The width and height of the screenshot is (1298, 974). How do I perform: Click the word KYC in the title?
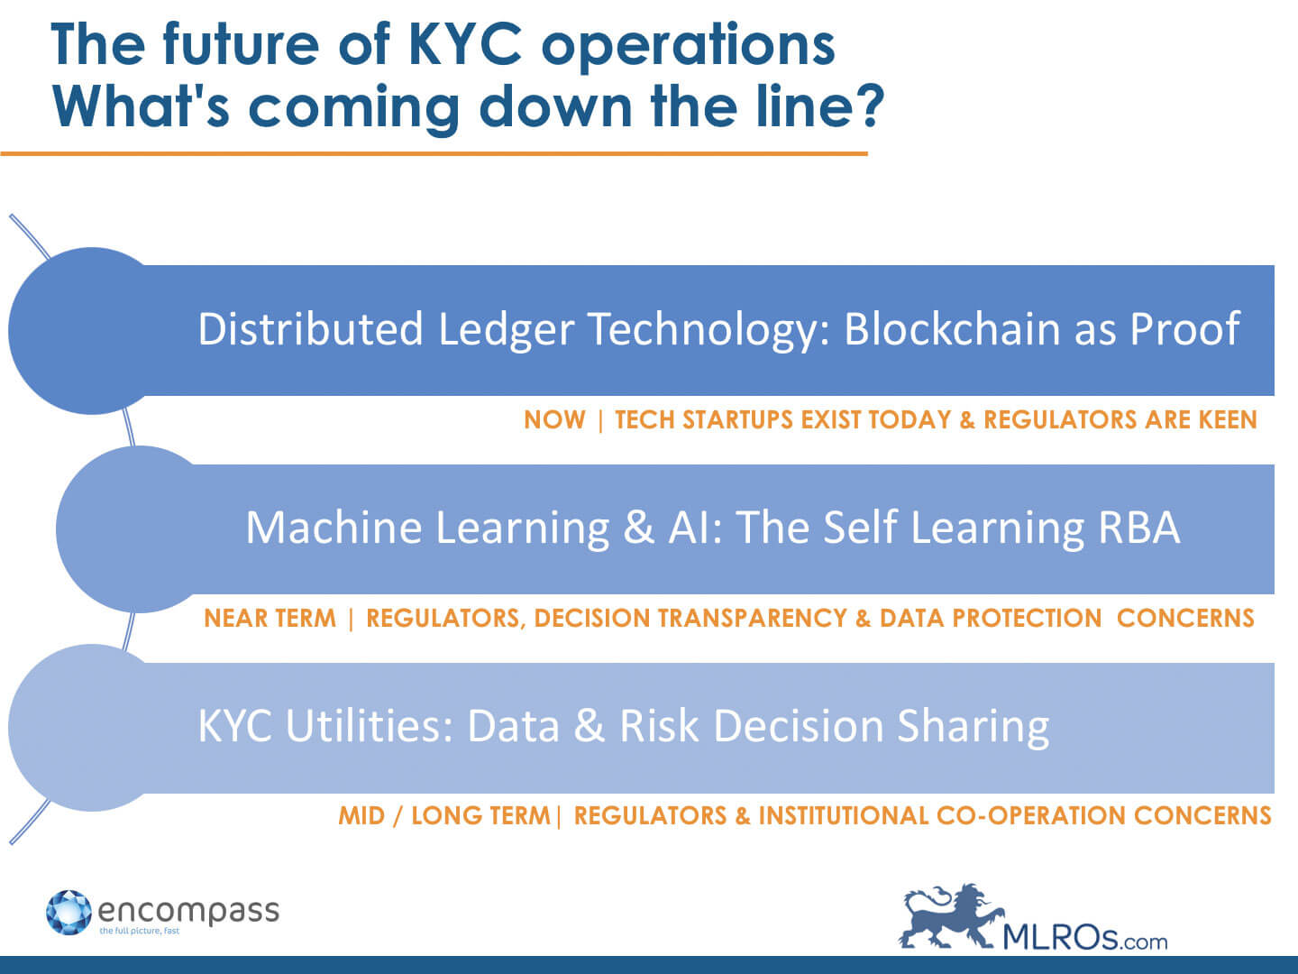tap(465, 44)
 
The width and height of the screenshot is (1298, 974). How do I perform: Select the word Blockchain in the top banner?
tap(952, 329)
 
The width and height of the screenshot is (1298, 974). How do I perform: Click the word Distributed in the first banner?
tap(310, 329)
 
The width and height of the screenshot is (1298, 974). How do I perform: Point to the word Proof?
tap(1184, 329)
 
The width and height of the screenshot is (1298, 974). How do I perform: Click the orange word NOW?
tap(554, 420)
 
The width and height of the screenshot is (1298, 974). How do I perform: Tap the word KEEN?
tap(1228, 420)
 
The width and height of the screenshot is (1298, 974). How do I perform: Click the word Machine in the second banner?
tap(334, 528)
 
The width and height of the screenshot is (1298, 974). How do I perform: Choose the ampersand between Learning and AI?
tap(639, 528)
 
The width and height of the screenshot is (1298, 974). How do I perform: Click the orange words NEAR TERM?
tap(270, 618)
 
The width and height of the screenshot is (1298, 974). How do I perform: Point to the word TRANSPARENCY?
tap(752, 618)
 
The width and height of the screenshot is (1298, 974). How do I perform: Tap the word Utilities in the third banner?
tap(370, 726)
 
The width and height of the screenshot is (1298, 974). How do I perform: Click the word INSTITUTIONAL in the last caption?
tap(844, 815)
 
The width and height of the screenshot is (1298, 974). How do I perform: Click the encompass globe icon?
tap(69, 913)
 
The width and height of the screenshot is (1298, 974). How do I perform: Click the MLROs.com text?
tap(1085, 937)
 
